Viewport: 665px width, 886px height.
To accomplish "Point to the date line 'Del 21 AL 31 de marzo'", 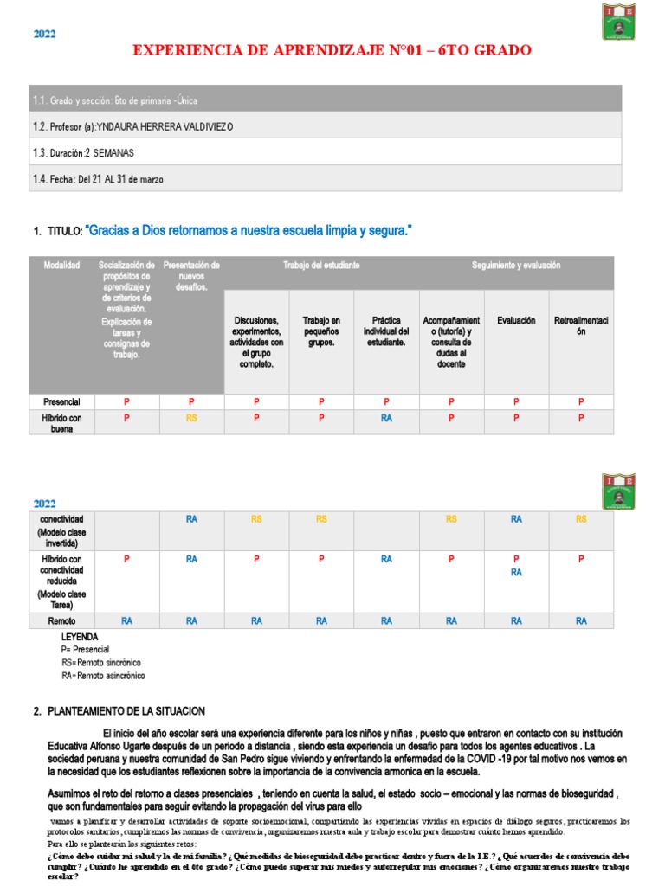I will coord(120,179).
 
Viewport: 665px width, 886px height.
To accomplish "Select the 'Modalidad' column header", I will coord(61,265).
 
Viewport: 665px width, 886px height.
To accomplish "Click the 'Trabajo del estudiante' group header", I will coord(321,265).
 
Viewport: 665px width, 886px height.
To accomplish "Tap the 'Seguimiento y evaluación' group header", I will coord(516,265).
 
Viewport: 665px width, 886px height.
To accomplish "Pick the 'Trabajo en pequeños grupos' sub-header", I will coord(321,331).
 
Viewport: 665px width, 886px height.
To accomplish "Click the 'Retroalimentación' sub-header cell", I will coord(581,326).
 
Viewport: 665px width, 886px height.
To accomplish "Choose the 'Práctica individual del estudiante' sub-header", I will coord(386,331).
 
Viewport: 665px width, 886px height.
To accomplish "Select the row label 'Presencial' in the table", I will coord(61,402).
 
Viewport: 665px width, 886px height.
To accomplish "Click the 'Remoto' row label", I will coord(61,621).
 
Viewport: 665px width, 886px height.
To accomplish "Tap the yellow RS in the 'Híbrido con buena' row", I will coord(191,418).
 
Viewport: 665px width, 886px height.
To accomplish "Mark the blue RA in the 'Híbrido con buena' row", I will coord(386,418).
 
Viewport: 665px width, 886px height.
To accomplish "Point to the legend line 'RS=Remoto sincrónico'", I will coord(101,662).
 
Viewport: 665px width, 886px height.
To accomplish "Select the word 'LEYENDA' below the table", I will coord(80,637).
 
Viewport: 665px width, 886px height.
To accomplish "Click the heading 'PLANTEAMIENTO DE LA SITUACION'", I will coord(126,711).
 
